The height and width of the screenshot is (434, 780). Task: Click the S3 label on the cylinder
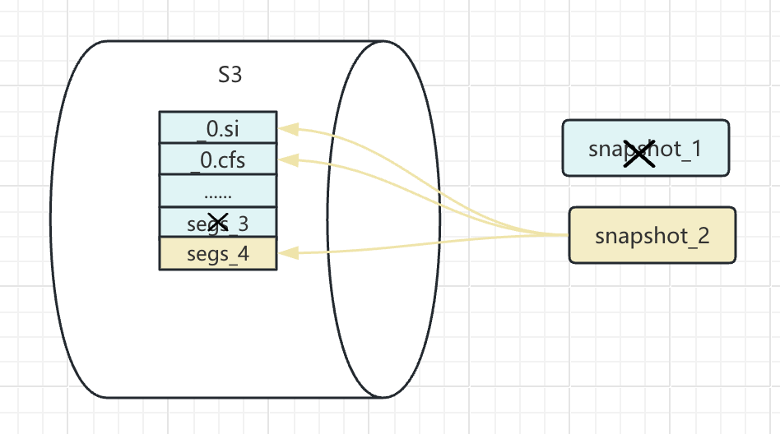[x=230, y=76]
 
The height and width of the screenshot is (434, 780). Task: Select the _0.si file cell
[x=217, y=128]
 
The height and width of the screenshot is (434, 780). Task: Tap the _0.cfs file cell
[x=217, y=159]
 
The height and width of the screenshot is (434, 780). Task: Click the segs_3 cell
[x=217, y=223]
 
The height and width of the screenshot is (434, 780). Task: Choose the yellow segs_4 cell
[x=217, y=254]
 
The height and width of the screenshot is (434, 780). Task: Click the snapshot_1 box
[x=645, y=149]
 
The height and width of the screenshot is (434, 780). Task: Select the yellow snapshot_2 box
[x=652, y=236]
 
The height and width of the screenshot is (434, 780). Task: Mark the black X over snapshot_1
[x=638, y=153]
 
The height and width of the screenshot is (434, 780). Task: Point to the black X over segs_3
[x=218, y=221]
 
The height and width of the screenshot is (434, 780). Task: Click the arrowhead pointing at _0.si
[x=286, y=128]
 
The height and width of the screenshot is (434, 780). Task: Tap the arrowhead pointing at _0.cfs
[x=286, y=159]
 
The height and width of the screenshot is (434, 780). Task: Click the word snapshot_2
[x=652, y=236]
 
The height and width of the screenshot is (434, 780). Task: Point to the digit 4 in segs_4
[x=243, y=254]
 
